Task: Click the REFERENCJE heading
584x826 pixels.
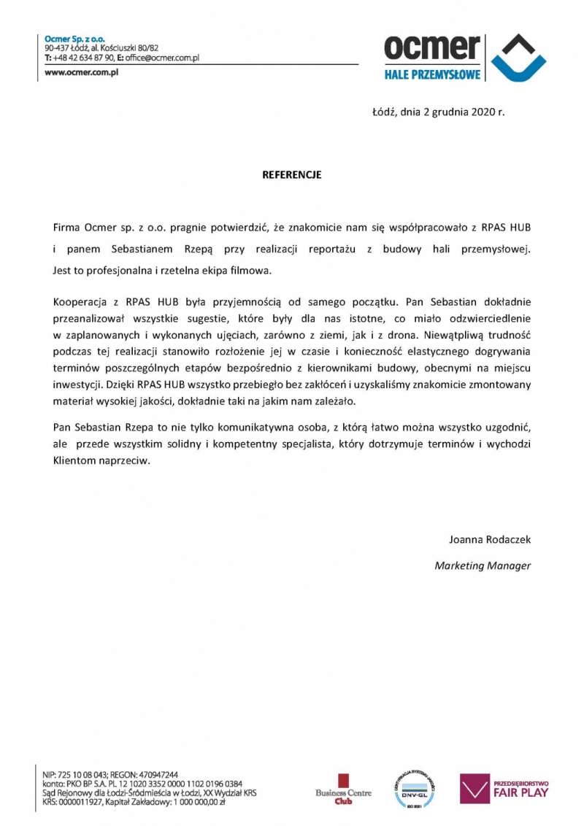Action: pyautogui.click(x=292, y=175)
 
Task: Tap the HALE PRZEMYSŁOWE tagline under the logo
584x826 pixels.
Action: pyautogui.click(x=432, y=74)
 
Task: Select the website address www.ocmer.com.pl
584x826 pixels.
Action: pyautogui.click(x=82, y=73)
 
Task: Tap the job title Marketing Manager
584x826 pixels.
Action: pyautogui.click(x=483, y=565)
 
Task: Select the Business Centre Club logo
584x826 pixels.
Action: pyautogui.click(x=343, y=789)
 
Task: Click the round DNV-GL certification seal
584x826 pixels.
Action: pyautogui.click(x=414, y=789)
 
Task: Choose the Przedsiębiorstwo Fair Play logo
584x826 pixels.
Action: pyautogui.click(x=504, y=788)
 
